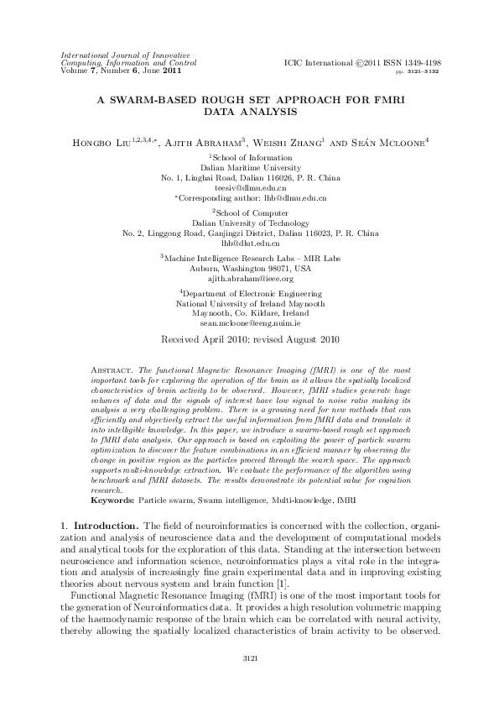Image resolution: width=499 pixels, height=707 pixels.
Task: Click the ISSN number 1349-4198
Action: [x=421, y=63]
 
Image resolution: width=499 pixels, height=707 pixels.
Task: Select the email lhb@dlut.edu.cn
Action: [x=249, y=242]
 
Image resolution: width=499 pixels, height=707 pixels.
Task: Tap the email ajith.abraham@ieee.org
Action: [x=250, y=278]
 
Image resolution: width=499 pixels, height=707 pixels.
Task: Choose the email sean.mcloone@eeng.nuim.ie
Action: [x=250, y=322]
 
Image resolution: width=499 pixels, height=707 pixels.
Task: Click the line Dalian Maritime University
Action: [x=250, y=168]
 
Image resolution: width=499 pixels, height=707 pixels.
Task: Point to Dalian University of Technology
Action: [x=250, y=223]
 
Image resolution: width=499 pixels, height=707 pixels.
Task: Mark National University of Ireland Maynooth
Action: [x=250, y=303]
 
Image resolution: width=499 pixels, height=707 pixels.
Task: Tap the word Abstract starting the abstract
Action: [x=107, y=369]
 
